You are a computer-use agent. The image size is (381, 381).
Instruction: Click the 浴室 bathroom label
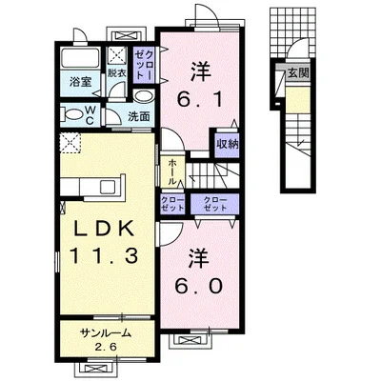81,82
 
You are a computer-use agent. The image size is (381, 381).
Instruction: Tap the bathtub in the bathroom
80,58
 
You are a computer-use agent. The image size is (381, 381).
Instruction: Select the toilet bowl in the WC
72,114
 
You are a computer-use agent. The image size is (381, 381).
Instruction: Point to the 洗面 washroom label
139,116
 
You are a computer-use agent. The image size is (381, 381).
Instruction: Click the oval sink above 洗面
144,95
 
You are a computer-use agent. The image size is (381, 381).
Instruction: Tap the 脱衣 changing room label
117,73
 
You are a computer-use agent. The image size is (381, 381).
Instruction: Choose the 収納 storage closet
228,144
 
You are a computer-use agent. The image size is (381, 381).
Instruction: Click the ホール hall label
172,171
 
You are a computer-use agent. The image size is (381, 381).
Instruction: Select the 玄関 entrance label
298,73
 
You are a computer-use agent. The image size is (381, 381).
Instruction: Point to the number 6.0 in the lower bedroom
199,287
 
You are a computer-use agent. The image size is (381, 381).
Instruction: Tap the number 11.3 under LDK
105,255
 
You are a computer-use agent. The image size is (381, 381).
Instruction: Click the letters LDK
104,229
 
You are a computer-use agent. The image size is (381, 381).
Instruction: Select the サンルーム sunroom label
106,333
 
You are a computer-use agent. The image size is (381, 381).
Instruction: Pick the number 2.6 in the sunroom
107,346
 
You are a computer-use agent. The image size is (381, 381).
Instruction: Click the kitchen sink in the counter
109,187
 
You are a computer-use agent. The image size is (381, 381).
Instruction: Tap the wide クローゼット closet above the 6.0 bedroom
214,204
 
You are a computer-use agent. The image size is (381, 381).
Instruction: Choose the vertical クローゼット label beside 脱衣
144,65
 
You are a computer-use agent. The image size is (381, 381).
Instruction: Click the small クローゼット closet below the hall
172,204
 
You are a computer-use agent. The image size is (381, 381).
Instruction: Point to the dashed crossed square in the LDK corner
70,143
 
